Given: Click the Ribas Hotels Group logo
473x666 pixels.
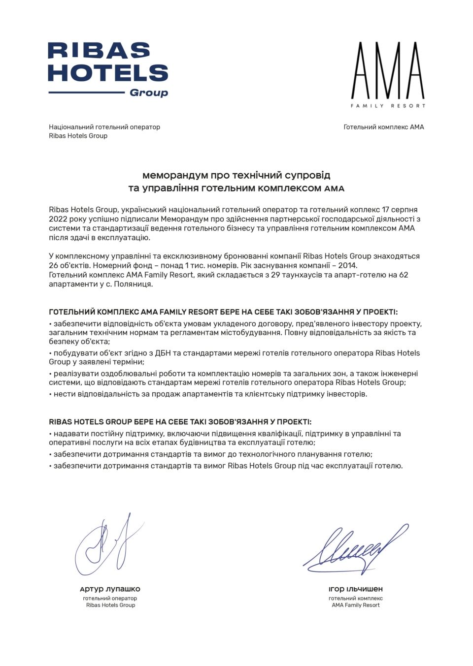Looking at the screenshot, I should [x=108, y=69].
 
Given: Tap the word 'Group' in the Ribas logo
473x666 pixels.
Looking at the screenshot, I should [x=149, y=93].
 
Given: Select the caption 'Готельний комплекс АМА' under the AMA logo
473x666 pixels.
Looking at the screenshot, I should [x=383, y=127].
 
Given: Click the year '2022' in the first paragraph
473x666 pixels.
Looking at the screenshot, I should [x=58, y=219].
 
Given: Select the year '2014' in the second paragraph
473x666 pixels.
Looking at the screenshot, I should [x=347, y=265].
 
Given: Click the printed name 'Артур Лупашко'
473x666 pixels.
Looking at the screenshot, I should [x=110, y=589].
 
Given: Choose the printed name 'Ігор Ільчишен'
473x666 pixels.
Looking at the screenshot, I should [x=355, y=589].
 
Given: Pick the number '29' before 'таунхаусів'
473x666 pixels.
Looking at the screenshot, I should [x=275, y=275].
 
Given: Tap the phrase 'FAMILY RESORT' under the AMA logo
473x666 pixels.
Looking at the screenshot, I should [x=388, y=106].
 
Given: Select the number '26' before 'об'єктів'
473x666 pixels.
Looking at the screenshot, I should [x=53, y=265].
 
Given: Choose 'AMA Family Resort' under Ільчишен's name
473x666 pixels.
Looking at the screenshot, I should [x=355, y=605].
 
